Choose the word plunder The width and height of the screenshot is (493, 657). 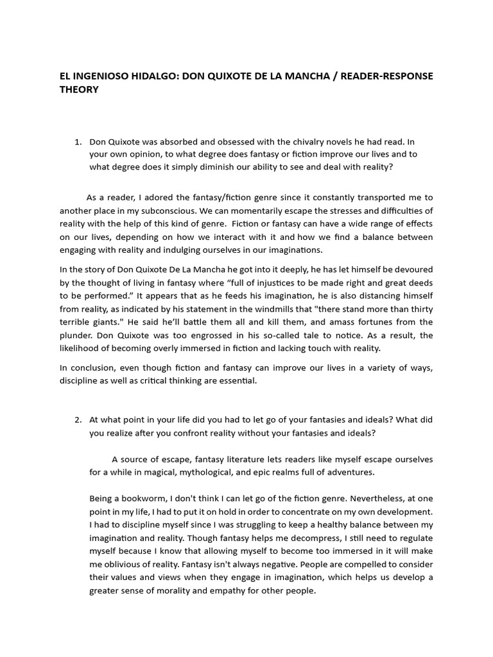pos(77,335)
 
